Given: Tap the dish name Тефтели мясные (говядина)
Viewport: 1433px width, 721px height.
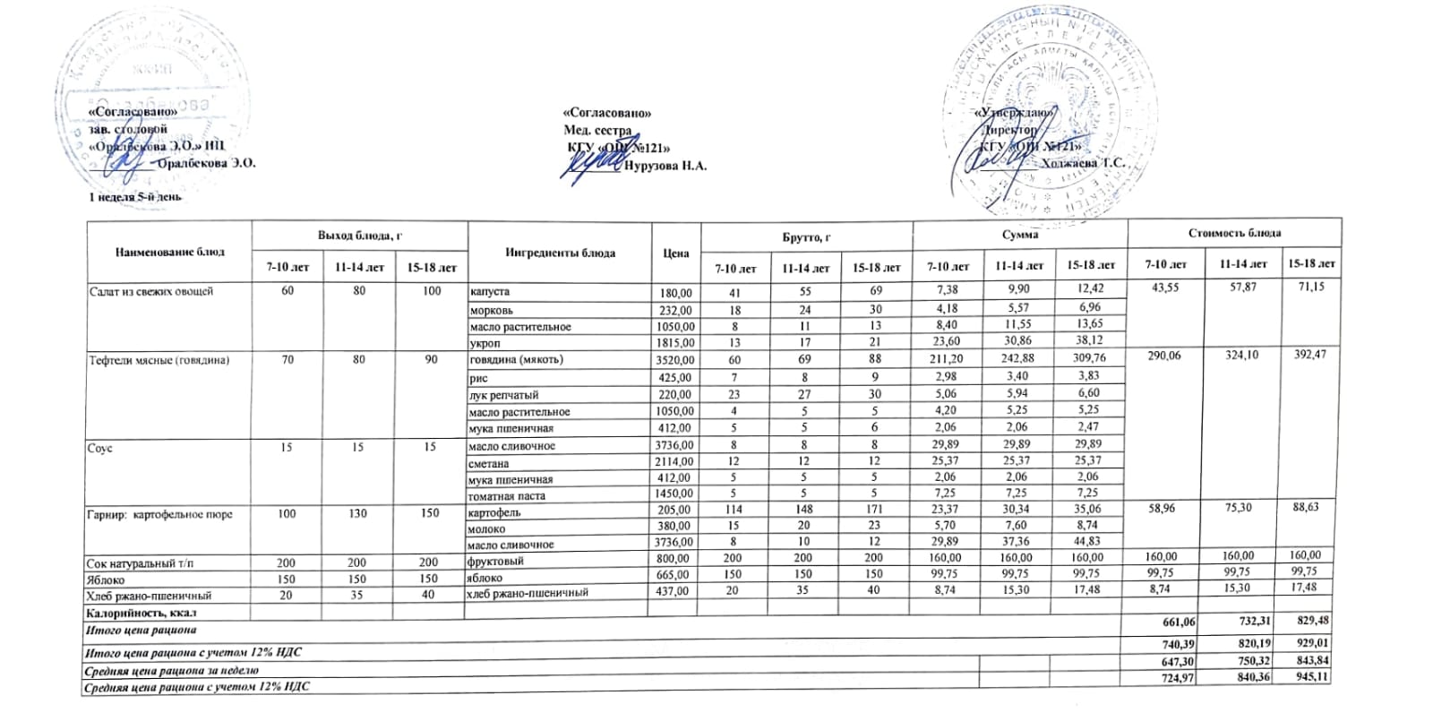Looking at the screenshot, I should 159,360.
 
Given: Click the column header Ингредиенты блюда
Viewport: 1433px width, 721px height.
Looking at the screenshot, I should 560,253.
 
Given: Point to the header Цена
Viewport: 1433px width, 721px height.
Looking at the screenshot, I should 675,253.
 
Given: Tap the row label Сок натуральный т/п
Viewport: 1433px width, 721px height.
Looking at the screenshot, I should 139,562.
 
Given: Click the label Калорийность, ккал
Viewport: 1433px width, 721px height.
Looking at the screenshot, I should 140,613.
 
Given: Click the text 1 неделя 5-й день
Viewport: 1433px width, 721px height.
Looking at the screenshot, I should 134,196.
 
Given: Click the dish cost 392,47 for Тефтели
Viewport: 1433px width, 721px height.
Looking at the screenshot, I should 1309,356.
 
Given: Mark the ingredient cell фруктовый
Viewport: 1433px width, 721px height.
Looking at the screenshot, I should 496,562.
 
